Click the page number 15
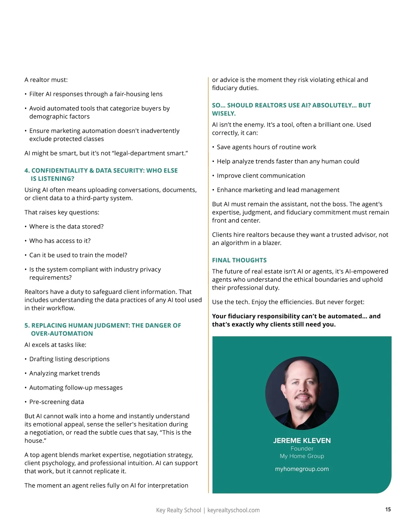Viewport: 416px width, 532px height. coord(388,509)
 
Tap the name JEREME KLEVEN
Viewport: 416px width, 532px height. coord(302,441)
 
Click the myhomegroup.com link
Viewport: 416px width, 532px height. coord(302,469)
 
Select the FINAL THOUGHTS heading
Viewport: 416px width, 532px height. coord(239,260)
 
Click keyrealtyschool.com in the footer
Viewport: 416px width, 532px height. coord(233,510)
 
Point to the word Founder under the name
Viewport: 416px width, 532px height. coord(302,448)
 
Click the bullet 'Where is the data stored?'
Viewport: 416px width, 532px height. coord(66,227)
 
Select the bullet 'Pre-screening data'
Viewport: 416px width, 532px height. coord(57,402)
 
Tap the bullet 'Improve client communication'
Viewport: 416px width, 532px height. coord(261,176)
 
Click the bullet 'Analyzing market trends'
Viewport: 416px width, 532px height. coord(64,373)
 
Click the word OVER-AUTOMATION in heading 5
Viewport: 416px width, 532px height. coord(62,333)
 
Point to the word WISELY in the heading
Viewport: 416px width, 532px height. coord(223,113)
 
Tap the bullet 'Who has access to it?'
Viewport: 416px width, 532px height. coord(60,241)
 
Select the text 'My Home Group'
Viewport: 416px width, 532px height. coord(302,456)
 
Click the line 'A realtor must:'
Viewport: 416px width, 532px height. coord(46,80)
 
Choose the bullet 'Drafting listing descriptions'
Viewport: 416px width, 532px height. coord(69,359)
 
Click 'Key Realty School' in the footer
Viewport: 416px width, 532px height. coord(178,510)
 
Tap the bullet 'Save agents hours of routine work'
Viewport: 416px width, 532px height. coord(266,147)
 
